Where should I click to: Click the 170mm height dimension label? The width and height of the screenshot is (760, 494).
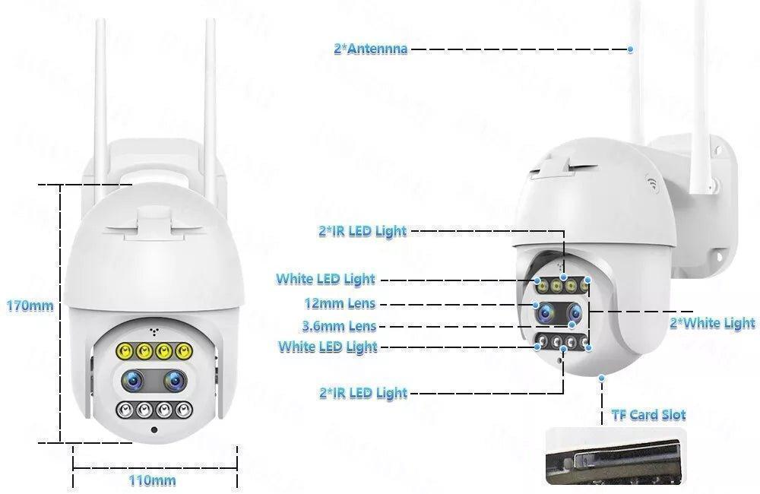point(30,306)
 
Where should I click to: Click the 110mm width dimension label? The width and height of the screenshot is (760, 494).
point(153,480)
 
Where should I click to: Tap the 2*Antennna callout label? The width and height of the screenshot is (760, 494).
point(370,49)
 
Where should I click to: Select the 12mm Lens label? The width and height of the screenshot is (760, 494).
point(340,304)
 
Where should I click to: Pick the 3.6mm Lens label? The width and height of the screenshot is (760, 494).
point(340,327)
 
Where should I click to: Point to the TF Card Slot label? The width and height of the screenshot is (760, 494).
point(648,415)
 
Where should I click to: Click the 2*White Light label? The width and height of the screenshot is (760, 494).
point(712,323)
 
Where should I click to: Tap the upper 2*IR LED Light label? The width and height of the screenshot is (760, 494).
point(363,230)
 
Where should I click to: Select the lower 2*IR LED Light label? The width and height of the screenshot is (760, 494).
point(363,393)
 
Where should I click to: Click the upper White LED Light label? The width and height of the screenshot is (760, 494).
point(325,279)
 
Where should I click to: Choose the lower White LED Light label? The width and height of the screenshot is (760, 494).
point(328,347)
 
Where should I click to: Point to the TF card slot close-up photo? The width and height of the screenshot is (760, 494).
point(616,456)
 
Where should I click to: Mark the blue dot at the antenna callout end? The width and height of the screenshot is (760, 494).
point(631,49)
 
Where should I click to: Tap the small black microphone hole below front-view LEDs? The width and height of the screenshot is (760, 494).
point(154,431)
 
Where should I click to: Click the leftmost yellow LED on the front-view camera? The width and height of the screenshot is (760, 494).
point(124,352)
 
